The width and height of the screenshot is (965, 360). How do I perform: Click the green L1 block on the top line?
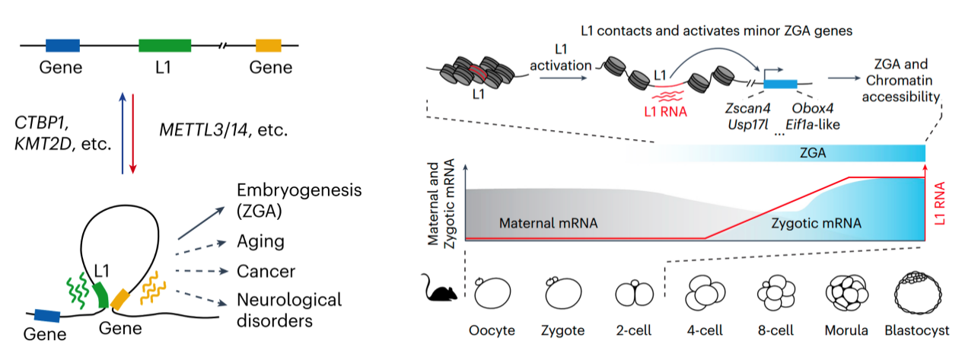[x=164, y=45]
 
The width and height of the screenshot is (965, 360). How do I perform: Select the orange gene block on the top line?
[x=268, y=45]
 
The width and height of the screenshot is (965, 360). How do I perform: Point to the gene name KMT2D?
[x=40, y=142]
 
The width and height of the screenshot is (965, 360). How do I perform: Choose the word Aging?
[x=260, y=241]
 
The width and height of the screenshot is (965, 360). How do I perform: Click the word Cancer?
[x=266, y=271]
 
